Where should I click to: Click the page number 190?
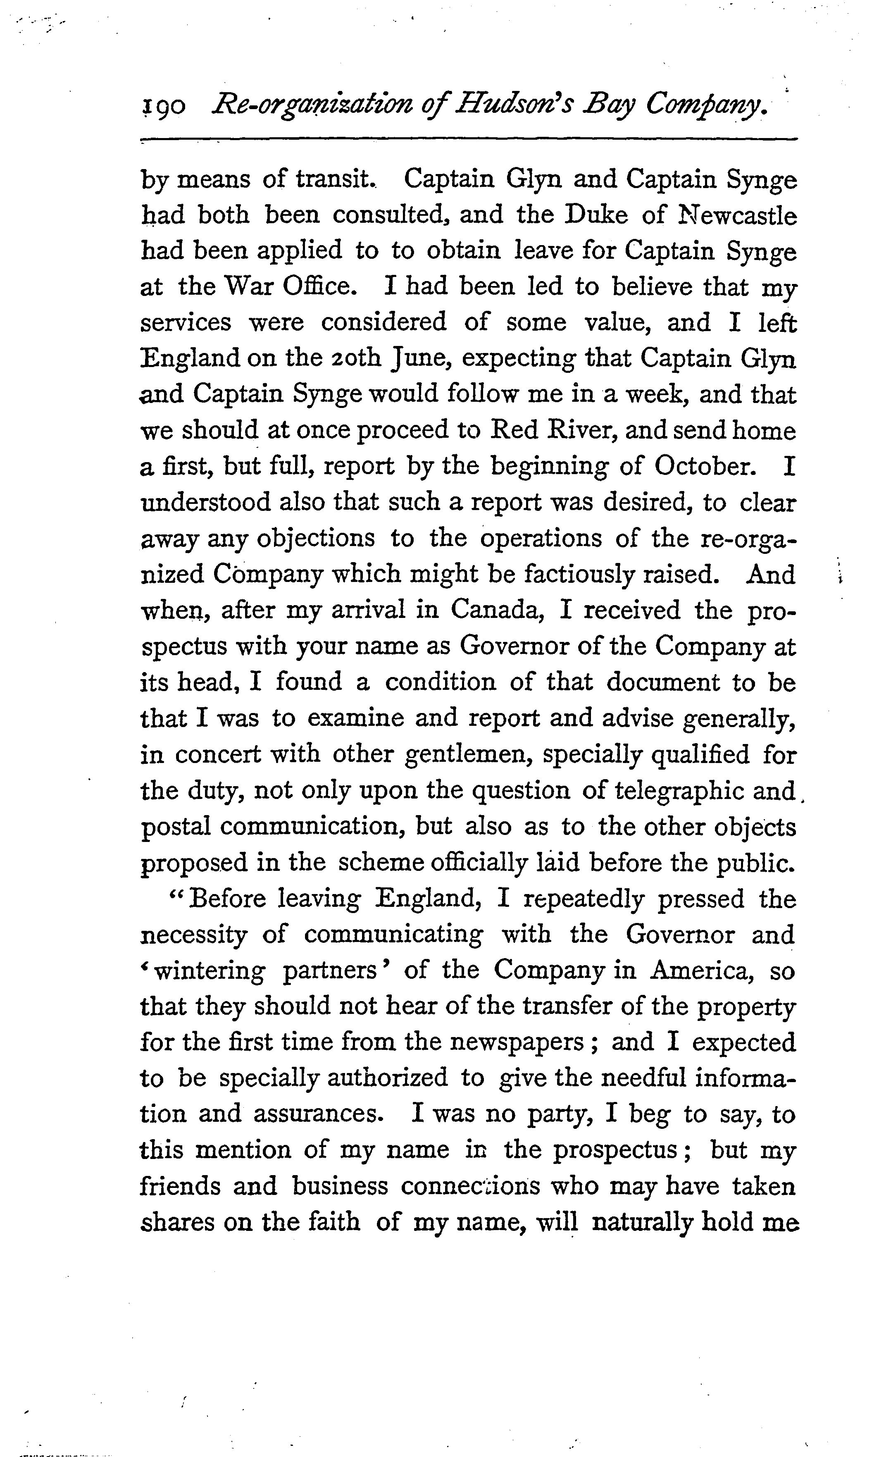point(164,107)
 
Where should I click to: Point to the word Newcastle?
point(736,215)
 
